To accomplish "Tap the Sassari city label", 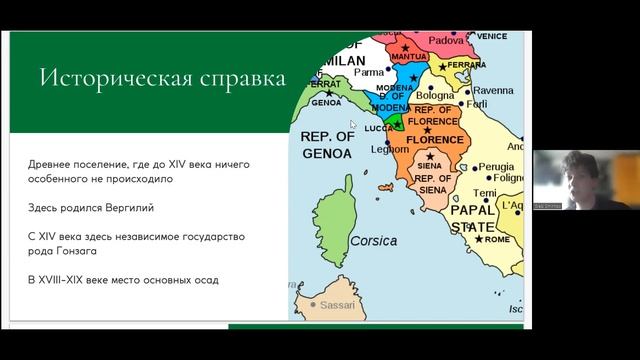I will coord(335,303).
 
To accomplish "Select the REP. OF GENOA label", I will coord(326,145).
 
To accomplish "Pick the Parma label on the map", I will coord(368,72).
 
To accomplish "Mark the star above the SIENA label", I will coord(431,156).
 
